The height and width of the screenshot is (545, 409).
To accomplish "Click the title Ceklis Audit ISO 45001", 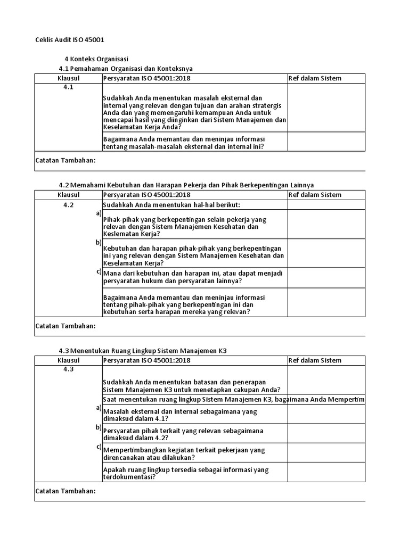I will pyautogui.click(x=73, y=40).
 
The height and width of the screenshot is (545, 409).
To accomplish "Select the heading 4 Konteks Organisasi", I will pyautogui.click(x=96, y=59).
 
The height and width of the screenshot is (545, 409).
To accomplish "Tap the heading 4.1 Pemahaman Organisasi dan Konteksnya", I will pyautogui.click(x=126, y=69).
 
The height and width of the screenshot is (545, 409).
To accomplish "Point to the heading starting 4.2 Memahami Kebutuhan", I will pyautogui.click(x=186, y=185).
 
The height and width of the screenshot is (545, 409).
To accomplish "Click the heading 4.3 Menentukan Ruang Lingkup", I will pyautogui.click(x=146, y=351).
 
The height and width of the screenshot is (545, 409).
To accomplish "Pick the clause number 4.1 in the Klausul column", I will pyautogui.click(x=68, y=88).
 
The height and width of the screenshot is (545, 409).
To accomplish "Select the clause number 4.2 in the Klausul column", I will pyautogui.click(x=68, y=205).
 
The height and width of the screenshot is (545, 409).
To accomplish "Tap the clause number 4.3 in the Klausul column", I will pyautogui.click(x=68, y=370).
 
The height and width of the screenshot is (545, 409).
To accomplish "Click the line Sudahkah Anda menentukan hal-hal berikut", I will pyautogui.click(x=171, y=205).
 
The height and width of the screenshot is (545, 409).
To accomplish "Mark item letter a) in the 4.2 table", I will pyautogui.click(x=99, y=213).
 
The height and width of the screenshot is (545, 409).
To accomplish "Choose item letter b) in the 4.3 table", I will pyautogui.click(x=99, y=427).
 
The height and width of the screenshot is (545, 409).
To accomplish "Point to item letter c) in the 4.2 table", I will pyautogui.click(x=99, y=272).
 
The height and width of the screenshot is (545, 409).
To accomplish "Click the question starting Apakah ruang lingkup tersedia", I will pyautogui.click(x=185, y=473).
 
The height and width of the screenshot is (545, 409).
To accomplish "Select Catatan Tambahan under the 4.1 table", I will pyautogui.click(x=66, y=160).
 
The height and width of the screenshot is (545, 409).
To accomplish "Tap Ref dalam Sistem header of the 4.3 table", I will pyautogui.click(x=315, y=360).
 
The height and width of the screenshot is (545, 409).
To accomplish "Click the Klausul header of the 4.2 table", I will pyautogui.click(x=68, y=195).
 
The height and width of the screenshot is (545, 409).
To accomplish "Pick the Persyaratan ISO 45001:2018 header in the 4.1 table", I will pyautogui.click(x=146, y=79).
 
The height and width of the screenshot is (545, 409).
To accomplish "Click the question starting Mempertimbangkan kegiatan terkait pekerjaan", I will pyautogui.click(x=184, y=453).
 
